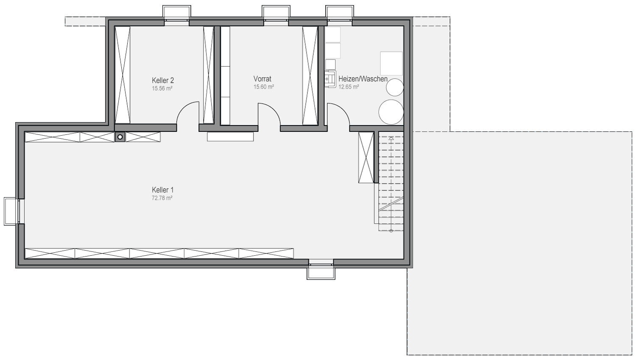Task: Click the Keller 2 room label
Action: pos(163,80)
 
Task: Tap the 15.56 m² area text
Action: pos(162,88)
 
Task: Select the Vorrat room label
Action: pos(262,78)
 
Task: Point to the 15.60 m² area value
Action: pos(263,87)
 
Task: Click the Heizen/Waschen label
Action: pos(363,79)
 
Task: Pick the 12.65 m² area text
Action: pos(349,87)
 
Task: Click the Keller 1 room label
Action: pos(162,190)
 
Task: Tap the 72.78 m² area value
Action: pos(162,198)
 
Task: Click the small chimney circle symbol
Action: pos(120,137)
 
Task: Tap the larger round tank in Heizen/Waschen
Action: pos(391,112)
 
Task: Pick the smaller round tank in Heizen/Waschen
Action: pos(395,87)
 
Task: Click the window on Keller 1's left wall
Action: pos(11,212)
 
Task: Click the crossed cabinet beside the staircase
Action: pos(366,157)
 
